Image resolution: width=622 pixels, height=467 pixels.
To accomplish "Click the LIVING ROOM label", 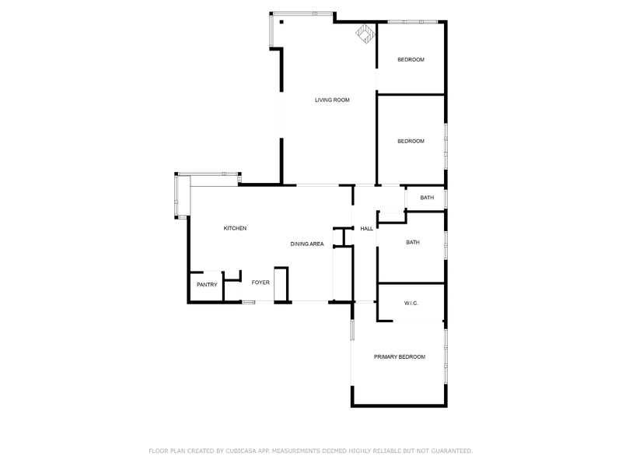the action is (332, 100).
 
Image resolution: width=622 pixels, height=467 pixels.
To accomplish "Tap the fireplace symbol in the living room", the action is (365, 33).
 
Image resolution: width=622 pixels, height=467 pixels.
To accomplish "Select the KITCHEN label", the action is (235, 228).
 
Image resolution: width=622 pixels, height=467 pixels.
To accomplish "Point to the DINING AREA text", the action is (307, 244).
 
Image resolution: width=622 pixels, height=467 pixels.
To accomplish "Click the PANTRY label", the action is (207, 285).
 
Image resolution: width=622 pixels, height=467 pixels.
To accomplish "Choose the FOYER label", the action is (260, 283).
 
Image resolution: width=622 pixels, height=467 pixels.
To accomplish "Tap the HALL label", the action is (366, 229).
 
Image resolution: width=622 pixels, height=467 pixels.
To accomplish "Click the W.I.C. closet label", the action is (411, 304).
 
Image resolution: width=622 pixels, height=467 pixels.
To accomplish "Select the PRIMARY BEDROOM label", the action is (400, 357).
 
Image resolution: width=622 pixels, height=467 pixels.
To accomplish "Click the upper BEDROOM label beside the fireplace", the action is (411, 60).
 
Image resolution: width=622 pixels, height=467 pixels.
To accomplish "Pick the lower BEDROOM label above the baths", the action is (411, 141).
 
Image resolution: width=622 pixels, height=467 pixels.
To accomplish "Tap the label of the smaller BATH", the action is (427, 198).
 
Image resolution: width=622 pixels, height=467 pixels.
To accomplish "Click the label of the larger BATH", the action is (413, 242).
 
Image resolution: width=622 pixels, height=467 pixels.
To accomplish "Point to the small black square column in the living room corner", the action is (281, 23).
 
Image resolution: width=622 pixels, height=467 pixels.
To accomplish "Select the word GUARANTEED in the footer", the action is (452, 451).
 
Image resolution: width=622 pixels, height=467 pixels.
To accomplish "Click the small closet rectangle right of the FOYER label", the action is (281, 284).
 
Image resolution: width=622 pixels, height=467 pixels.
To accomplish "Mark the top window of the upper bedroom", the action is (412, 22).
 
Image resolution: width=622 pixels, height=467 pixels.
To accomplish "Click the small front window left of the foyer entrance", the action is (249, 303).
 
